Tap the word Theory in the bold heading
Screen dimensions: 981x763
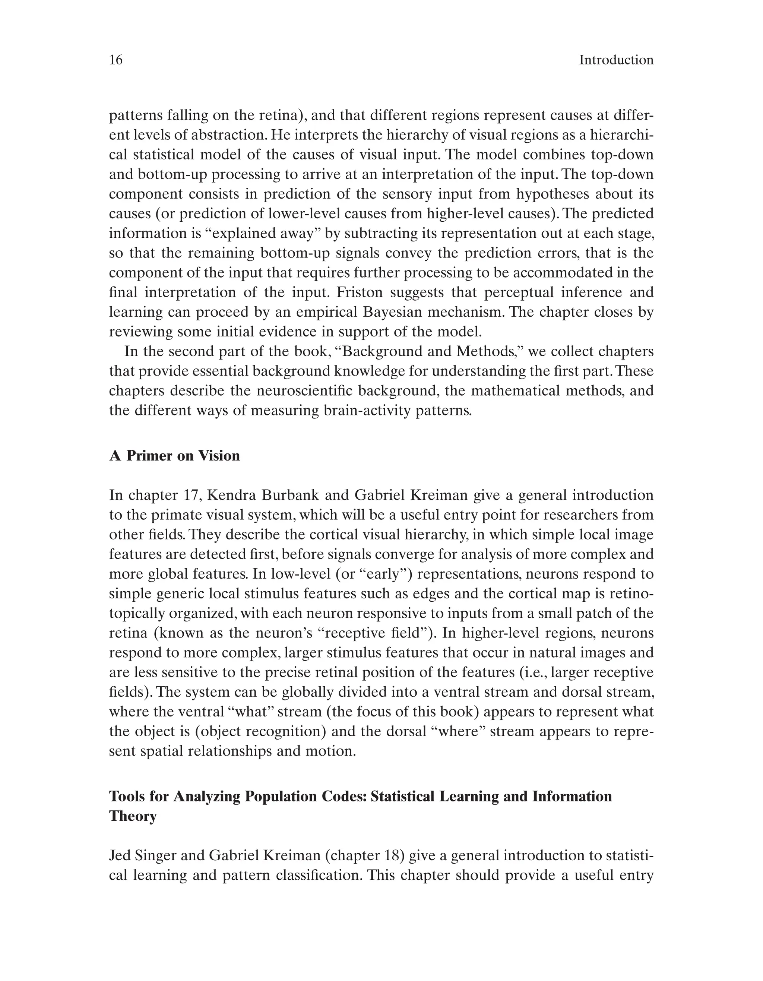coord(133,815)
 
